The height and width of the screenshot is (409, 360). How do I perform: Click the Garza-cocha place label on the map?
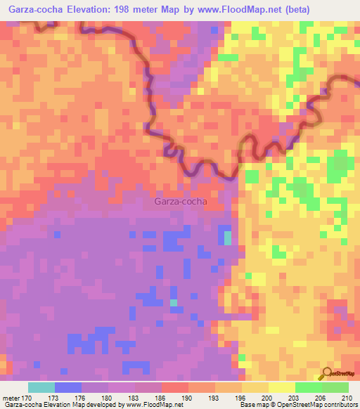click(180, 202)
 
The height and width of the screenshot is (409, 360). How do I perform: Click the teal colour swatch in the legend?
click(41, 387)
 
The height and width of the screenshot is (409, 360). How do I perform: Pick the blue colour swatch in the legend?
click(68, 387)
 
